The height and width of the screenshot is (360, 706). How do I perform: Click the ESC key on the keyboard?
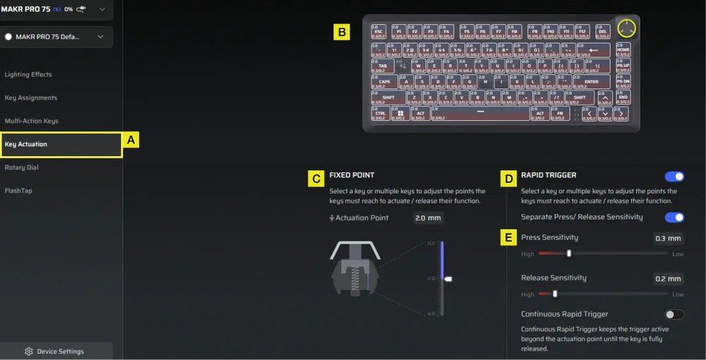[379, 32]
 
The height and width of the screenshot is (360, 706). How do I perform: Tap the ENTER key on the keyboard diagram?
[592, 83]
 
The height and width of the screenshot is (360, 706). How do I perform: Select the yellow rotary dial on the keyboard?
[626, 29]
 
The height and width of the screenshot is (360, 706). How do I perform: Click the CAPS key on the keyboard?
[385, 83]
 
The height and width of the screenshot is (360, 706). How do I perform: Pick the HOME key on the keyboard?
[623, 50]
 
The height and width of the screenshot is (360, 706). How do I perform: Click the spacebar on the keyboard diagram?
[480, 114]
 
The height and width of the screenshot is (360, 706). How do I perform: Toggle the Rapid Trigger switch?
[674, 176]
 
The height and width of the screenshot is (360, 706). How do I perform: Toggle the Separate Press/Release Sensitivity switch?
[674, 217]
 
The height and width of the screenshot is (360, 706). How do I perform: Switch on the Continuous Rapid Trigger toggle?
[674, 315]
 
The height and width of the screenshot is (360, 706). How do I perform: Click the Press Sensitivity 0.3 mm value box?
[668, 239]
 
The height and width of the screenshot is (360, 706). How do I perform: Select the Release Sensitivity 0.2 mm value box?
[668, 279]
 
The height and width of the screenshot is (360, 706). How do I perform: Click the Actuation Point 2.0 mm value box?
[428, 218]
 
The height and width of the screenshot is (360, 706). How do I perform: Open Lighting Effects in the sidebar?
[28, 75]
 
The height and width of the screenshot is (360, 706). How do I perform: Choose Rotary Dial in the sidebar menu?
[22, 168]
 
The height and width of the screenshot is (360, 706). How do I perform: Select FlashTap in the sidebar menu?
[19, 191]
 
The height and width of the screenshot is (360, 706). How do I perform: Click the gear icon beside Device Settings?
[29, 352]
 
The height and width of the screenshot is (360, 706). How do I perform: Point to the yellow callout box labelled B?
[342, 32]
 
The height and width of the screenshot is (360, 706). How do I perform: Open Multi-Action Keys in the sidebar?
[32, 121]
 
